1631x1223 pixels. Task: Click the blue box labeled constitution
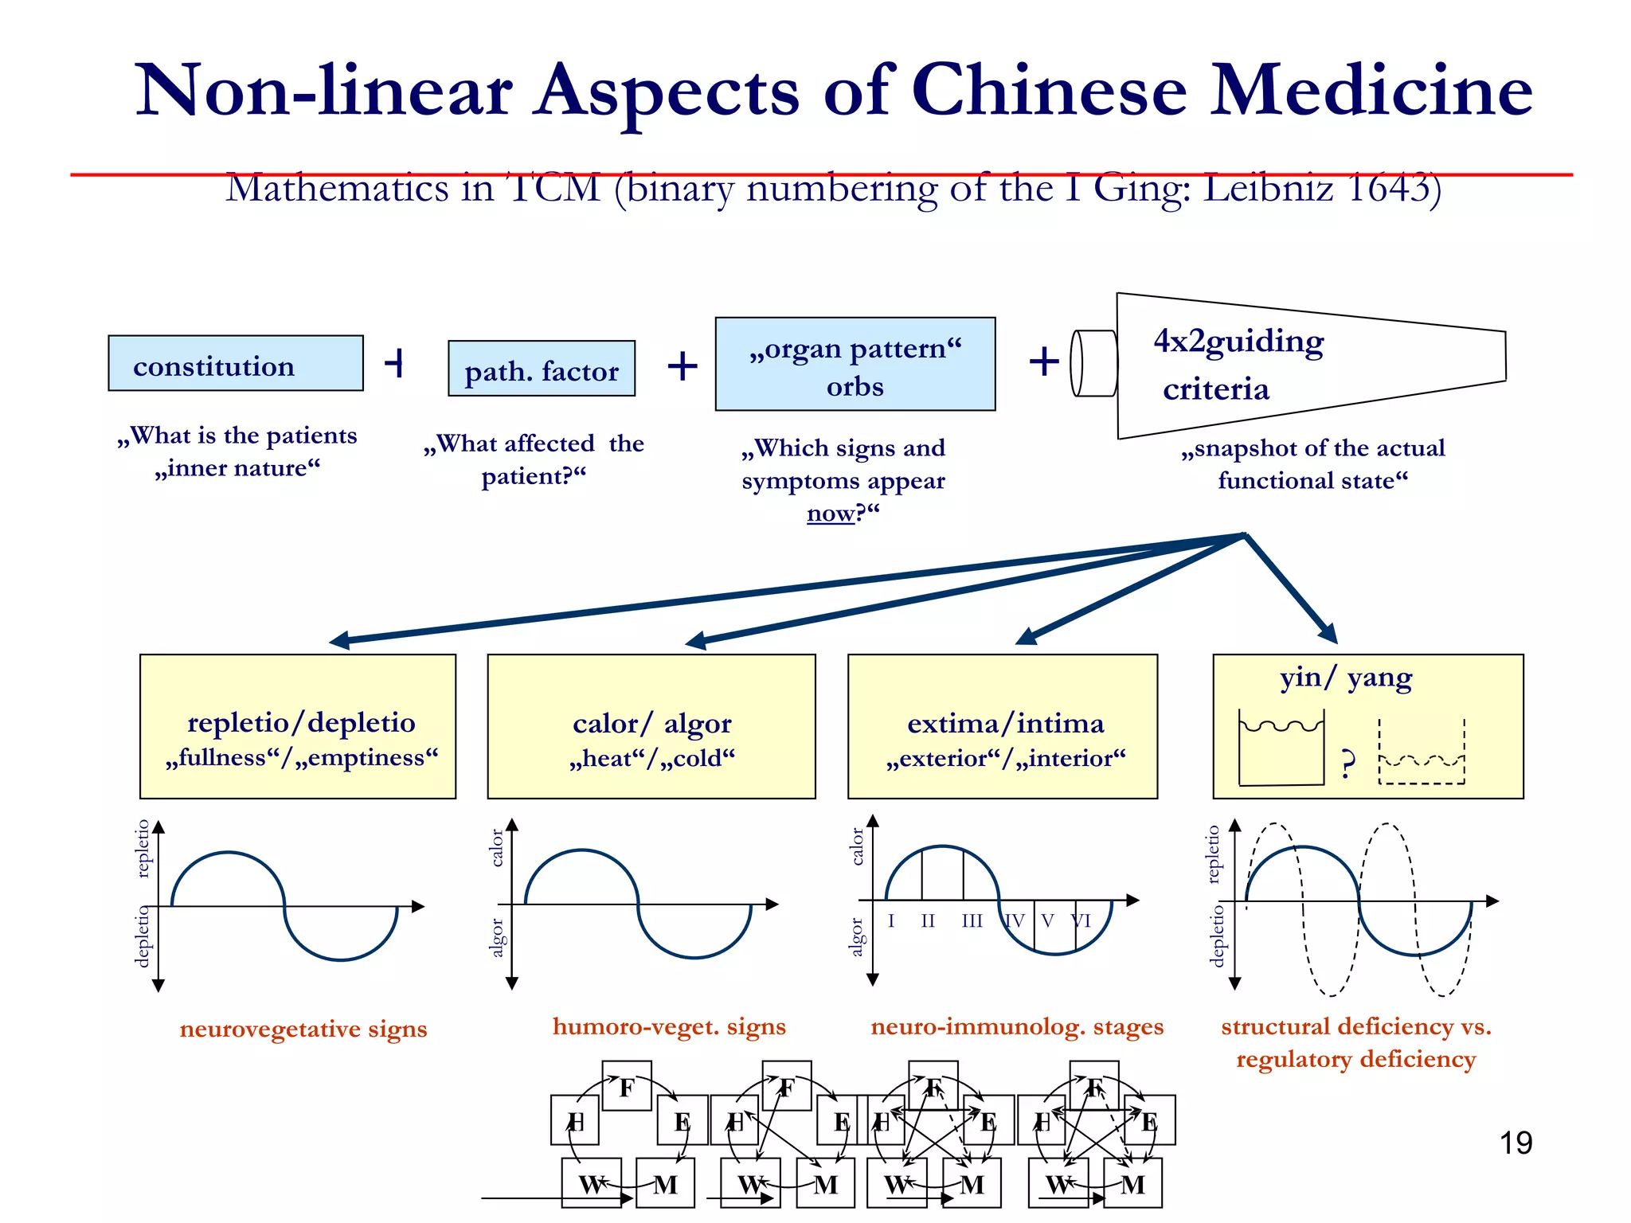(x=236, y=364)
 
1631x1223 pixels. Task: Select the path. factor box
(x=542, y=369)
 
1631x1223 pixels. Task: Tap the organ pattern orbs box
(x=855, y=365)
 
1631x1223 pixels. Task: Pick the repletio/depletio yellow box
(x=298, y=726)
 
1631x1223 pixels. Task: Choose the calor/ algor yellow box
(x=651, y=726)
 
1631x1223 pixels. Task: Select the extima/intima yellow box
(x=1003, y=726)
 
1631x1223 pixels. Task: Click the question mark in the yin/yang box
(x=1347, y=764)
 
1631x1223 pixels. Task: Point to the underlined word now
(x=831, y=514)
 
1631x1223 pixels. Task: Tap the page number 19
(x=1516, y=1143)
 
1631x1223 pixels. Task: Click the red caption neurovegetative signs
(x=303, y=1029)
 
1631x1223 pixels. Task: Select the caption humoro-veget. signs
(x=669, y=1026)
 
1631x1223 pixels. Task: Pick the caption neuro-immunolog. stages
(x=1017, y=1026)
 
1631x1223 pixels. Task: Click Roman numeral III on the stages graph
(x=972, y=921)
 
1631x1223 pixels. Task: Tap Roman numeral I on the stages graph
(x=891, y=921)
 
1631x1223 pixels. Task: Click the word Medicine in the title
(x=1371, y=90)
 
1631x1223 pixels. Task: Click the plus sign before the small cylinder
(x=1044, y=361)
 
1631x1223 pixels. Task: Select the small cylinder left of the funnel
(x=1093, y=363)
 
